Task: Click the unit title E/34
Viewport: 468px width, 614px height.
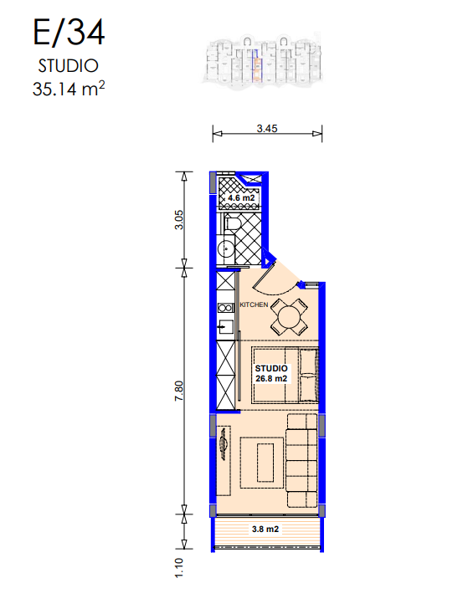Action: (x=69, y=33)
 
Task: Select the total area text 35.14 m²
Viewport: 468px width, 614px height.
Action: (x=69, y=89)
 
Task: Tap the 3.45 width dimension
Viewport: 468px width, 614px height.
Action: (x=267, y=129)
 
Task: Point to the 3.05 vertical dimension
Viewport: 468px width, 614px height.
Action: (x=178, y=220)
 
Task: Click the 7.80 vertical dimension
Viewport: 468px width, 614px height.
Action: (x=178, y=391)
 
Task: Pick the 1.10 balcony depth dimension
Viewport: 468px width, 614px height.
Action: (x=178, y=568)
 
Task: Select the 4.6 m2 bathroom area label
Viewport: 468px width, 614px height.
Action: (x=241, y=197)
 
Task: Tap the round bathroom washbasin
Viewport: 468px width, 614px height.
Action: (x=225, y=248)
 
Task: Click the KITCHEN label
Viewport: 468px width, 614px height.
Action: (x=254, y=304)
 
